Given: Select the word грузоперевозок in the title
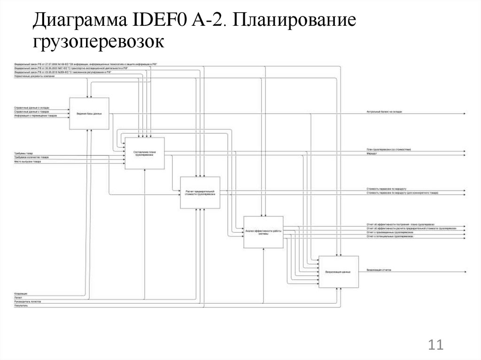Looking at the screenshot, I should [99, 42].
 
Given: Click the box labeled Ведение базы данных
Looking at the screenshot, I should [89, 114].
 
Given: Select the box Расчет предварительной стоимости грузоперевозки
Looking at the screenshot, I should [200, 192].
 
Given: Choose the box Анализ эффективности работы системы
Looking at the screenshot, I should [263, 232].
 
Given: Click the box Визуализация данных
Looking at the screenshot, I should [338, 272].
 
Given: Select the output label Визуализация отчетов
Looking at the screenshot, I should [379, 270].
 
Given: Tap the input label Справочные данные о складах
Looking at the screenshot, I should [31, 107].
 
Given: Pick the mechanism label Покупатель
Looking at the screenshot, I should [21, 305].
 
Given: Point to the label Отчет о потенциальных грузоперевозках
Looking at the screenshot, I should [390, 237].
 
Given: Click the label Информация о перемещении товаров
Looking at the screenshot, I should [35, 115].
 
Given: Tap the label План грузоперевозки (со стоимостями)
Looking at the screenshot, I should [389, 150].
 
